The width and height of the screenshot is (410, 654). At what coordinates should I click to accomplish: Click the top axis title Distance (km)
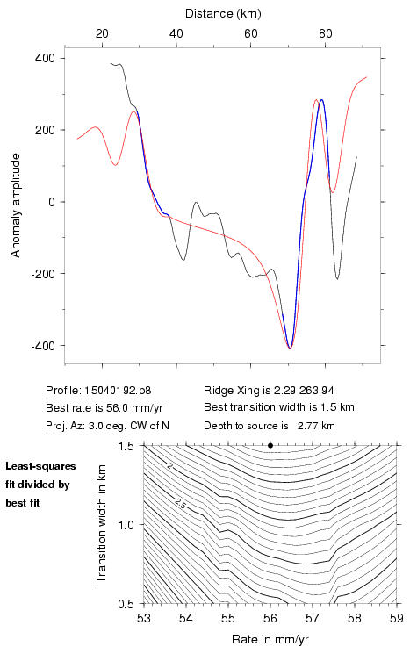[x=223, y=13]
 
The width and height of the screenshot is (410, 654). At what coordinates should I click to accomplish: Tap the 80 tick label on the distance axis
[x=326, y=33]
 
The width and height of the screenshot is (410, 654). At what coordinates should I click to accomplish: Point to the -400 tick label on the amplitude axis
[x=42, y=346]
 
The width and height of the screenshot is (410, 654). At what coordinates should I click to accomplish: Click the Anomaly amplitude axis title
[x=16, y=205]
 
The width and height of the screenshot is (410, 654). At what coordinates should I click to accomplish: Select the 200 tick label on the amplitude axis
[x=46, y=130]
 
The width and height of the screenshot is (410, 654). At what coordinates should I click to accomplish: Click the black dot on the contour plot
[x=270, y=445]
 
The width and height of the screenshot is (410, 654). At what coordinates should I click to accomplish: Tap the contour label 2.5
[x=180, y=504]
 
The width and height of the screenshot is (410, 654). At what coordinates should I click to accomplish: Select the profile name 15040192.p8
[x=118, y=391]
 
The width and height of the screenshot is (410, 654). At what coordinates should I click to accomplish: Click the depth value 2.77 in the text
[x=306, y=426]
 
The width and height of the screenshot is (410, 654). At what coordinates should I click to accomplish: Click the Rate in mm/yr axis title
[x=270, y=639]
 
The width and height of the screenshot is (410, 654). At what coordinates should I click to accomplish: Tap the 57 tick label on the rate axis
[x=313, y=618]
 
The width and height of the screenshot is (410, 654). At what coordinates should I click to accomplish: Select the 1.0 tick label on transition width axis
[x=126, y=525]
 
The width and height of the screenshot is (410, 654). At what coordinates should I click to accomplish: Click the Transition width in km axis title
[x=101, y=524]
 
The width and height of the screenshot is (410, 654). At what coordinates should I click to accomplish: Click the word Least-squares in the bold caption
[x=40, y=466]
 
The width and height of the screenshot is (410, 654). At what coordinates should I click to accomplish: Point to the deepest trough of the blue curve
[x=291, y=348]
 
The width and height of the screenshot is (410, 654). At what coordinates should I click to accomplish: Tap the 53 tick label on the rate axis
[x=144, y=618]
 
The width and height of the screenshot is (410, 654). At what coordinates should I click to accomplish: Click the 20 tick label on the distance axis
[x=102, y=33]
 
